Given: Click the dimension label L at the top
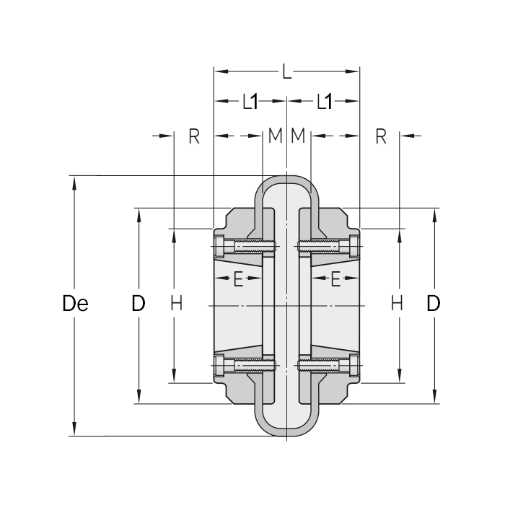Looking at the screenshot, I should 287,71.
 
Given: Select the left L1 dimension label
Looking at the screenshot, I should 250,102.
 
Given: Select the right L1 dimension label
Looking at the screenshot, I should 324,102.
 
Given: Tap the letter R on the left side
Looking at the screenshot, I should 193,136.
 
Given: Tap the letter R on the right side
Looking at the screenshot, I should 381,136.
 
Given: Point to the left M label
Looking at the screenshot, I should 274,136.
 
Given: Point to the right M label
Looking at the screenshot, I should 299,136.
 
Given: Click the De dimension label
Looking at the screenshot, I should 75,304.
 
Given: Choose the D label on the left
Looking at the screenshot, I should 139,304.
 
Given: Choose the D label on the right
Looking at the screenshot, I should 433,304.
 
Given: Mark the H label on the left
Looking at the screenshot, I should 176,304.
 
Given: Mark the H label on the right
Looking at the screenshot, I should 397,304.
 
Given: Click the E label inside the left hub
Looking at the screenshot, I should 238,279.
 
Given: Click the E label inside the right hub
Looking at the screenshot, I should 335,279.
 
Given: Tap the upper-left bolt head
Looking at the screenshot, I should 219,247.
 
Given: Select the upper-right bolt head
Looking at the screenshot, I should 353,247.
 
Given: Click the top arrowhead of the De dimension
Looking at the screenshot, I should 74,181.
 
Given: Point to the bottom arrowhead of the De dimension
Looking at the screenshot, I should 74,431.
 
